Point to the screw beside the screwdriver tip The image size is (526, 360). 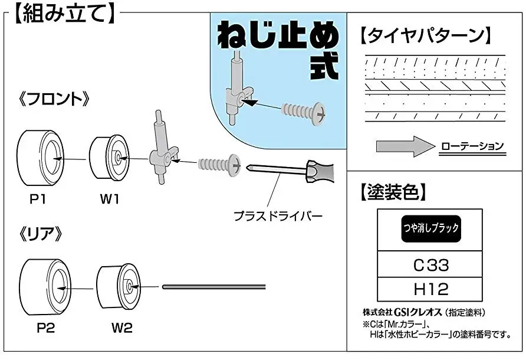point(218,162)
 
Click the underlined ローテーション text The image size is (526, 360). point(472,146)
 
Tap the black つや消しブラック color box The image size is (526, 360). point(430,227)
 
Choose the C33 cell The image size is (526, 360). point(430,265)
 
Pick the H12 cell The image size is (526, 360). point(430,289)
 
